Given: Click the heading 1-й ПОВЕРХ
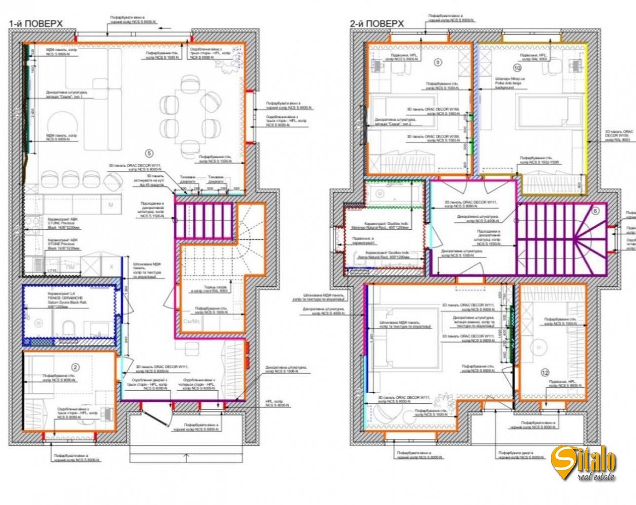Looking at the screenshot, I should tap(36, 23).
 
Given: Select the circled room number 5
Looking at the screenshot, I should tap(149, 153).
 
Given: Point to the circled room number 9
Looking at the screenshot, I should tap(438, 62).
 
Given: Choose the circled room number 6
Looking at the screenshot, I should tap(596, 210).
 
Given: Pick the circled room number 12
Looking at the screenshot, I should tap(545, 372).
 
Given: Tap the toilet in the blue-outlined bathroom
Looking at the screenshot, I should tap(69, 328).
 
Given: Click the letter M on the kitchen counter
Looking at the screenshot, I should tap(111, 205).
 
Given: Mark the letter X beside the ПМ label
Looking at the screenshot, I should tap(111, 267).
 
